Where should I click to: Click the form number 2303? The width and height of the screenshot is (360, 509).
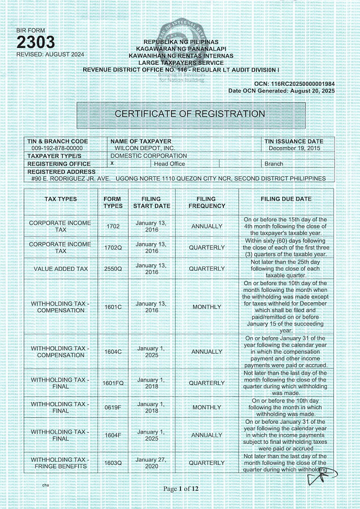coord(36,42)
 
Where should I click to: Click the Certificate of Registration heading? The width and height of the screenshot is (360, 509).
coord(190,114)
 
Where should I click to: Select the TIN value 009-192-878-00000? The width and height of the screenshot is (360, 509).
coord(57,148)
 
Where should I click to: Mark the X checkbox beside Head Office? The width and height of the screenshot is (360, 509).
coord(112,163)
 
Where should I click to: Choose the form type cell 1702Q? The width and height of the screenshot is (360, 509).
coord(113,248)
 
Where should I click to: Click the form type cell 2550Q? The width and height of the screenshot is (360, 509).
coord(113,269)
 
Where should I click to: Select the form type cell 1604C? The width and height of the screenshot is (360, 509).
coord(113,352)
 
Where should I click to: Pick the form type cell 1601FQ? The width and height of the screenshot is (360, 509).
coord(113,383)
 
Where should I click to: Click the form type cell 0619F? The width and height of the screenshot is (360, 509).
coord(113,407)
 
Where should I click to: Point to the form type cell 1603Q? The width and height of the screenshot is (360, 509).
coord(113,463)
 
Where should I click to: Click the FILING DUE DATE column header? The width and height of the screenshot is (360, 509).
coord(286,199)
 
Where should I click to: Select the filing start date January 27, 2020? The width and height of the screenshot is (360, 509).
coord(151,463)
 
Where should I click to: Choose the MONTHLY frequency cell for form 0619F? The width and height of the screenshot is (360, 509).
coord(207,407)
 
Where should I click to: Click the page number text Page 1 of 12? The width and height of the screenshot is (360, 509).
coord(181,489)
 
